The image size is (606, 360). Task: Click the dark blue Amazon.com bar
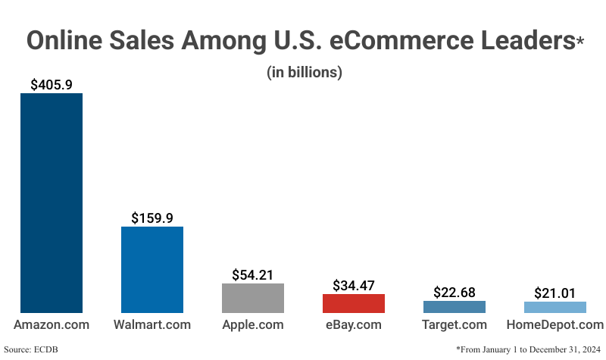[x=52, y=203]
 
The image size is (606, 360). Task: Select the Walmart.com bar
[x=152, y=270]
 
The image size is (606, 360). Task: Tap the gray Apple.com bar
[x=253, y=298]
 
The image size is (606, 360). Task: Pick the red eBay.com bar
[x=354, y=303]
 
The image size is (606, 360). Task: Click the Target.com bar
[x=454, y=307]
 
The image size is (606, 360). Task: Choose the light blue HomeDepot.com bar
[x=555, y=307]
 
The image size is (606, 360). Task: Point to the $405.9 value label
[x=52, y=84]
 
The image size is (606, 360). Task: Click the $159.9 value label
[x=152, y=218]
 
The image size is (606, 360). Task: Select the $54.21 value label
[x=253, y=274]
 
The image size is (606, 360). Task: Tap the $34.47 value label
[x=354, y=285]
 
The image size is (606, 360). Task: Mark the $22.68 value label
[x=454, y=292]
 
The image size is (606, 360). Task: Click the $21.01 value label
[x=555, y=293]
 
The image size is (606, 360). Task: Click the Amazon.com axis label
[x=52, y=325]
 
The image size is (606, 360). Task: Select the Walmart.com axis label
[x=152, y=325]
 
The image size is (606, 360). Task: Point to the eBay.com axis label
[x=354, y=325]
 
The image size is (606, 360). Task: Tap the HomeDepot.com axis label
[x=555, y=325]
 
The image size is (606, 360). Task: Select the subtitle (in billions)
[x=305, y=73]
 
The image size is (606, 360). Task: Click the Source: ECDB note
[x=31, y=349]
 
